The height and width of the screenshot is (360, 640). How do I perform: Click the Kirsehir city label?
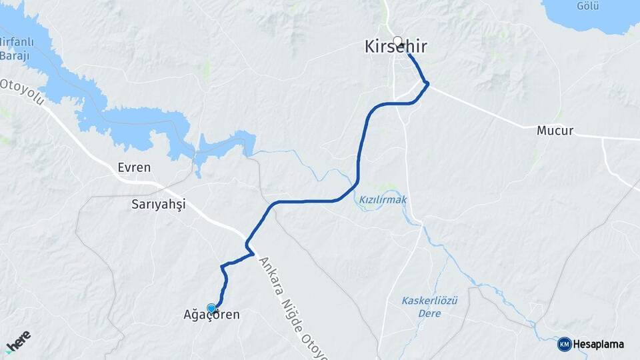pos(396,47)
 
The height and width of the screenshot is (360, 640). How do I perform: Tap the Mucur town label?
pos(555,131)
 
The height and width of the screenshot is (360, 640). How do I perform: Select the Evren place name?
pos(133,167)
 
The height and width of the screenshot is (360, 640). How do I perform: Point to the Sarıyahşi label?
pos(157,206)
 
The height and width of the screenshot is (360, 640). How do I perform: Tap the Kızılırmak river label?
pos(383,199)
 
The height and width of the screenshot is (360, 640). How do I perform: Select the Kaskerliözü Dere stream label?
pos(430,301)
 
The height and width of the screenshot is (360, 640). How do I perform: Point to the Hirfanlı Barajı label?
pos(15,49)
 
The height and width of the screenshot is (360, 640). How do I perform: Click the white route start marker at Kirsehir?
pos(398,41)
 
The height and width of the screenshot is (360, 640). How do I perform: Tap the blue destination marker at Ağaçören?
pos(212,307)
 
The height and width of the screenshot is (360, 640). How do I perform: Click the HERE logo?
pos(18,341)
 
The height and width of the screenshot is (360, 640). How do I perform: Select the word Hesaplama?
pos(599,345)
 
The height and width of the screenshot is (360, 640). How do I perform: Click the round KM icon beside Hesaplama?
pos(565,345)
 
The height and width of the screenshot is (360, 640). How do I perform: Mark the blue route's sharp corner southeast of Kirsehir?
pos(427,83)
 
